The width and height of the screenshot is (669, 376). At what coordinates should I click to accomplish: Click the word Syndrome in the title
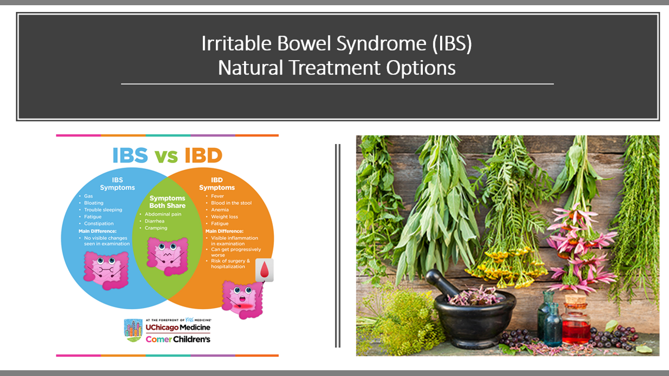[x=382, y=44]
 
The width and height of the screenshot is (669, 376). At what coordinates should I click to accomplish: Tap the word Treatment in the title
[x=335, y=68]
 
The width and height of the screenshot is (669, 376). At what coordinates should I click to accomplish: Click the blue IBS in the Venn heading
[x=130, y=155]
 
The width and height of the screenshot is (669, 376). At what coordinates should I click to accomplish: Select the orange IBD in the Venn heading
[x=203, y=155]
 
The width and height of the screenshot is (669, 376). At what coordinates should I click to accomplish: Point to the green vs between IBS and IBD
[x=166, y=156]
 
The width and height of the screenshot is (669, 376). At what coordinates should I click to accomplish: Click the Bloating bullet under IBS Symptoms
[x=94, y=203]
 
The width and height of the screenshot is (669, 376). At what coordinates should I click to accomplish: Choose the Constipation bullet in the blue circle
[x=99, y=224]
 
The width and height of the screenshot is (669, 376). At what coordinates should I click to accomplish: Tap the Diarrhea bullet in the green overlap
[x=154, y=221]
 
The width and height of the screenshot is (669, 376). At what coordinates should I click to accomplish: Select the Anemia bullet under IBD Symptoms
[x=220, y=210]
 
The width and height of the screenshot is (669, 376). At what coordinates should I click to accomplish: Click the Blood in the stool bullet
[x=231, y=203]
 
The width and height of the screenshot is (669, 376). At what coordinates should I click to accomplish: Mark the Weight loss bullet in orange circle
[x=224, y=217]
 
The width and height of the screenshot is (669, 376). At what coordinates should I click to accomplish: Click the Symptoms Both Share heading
[x=167, y=202]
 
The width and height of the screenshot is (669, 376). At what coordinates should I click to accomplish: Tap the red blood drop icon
[x=264, y=270]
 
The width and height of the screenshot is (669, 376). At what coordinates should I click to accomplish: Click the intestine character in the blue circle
[x=106, y=271]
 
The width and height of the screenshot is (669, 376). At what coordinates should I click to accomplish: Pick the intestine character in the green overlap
[x=167, y=256]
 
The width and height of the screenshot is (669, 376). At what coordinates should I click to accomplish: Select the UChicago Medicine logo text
[x=178, y=327]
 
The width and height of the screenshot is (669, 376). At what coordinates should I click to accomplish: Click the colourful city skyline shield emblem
[x=133, y=331]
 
